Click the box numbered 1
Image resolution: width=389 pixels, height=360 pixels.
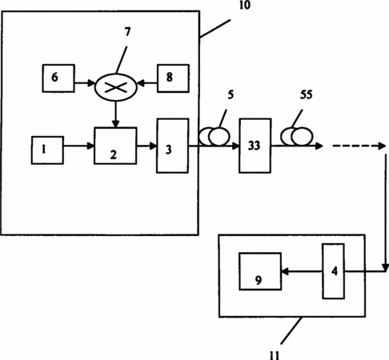[x=47, y=150]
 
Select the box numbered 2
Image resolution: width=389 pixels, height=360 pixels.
[x=115, y=146]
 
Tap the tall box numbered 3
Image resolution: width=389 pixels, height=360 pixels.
[x=172, y=146]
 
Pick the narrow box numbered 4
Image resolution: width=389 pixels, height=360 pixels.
[x=333, y=271]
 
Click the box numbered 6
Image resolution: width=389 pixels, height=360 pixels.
[x=58, y=78]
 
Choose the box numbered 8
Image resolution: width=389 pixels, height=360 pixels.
[x=173, y=78]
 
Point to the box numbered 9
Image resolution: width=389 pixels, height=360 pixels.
[x=260, y=271]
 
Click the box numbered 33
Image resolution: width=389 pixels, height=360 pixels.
[x=255, y=146]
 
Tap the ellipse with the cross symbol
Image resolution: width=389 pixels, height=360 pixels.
[x=116, y=87]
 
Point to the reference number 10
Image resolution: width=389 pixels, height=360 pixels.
[x=245, y=5]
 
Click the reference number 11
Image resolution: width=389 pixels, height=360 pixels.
[x=275, y=355]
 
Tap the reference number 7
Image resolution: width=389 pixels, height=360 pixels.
[x=127, y=32]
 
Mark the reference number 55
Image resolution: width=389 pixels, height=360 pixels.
[x=306, y=94]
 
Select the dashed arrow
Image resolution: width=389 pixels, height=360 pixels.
[x=359, y=146]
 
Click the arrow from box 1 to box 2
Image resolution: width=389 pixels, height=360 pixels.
[x=79, y=146]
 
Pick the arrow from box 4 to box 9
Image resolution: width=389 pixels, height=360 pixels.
[x=302, y=271]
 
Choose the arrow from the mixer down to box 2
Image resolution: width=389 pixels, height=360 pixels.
[x=115, y=114]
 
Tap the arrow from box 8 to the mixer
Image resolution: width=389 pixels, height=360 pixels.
[x=147, y=83]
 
